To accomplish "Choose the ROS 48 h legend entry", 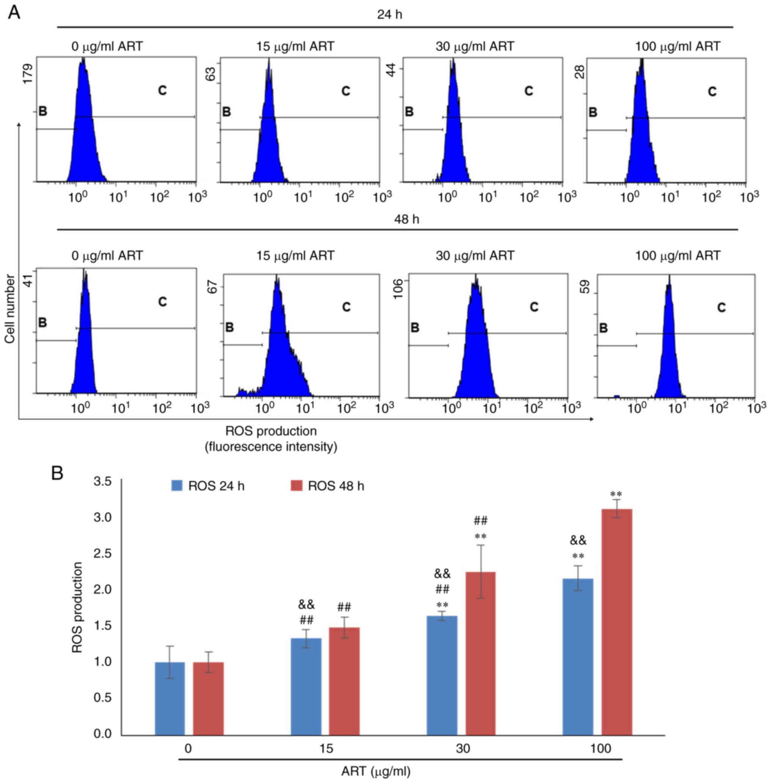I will coord(327,486).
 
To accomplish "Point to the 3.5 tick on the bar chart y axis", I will coord(102,482).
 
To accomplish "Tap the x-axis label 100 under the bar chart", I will coord(600,748).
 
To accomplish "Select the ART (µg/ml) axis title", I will coord(376,772).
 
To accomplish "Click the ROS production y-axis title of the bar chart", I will coord(77,607).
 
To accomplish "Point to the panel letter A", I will coord(14,13).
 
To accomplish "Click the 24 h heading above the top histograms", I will coord(390,15).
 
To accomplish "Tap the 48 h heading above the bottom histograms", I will coord(406,219).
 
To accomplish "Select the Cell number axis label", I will coord(10,309).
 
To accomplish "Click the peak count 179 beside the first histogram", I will coord(28,74).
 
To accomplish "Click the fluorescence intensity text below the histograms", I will coord(271,447).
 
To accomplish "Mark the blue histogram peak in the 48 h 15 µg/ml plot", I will coord(277,279).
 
